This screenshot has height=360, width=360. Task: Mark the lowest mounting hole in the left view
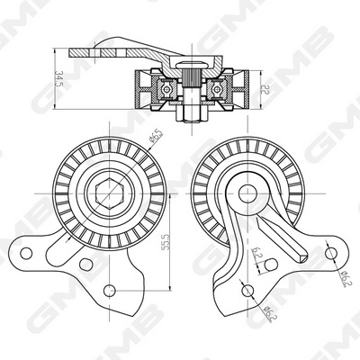[x=111, y=290]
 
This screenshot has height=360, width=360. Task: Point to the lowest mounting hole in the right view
[x=246, y=290]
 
